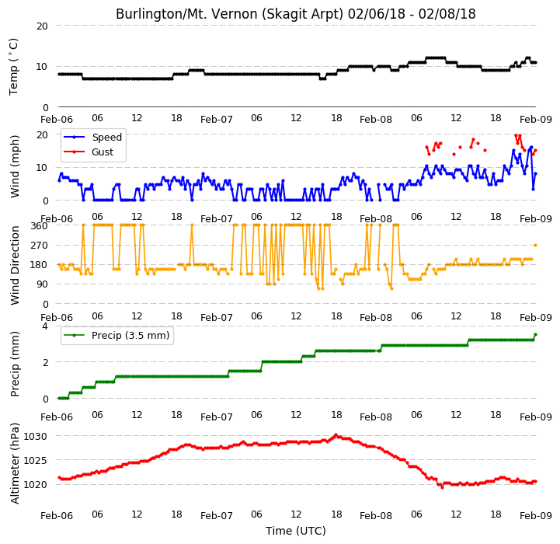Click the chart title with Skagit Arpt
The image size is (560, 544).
296,14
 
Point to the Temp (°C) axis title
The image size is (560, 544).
13,67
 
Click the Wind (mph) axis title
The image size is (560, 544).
14,166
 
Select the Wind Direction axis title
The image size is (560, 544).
14,265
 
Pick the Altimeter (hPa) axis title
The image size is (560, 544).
14,464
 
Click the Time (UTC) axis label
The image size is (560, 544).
296,531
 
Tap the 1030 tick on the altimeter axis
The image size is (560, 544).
36,437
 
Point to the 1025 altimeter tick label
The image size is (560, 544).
36,460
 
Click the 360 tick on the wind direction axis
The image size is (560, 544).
39,225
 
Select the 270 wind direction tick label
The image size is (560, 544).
39,246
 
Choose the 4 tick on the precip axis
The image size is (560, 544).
44,326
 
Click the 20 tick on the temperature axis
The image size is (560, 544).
42,26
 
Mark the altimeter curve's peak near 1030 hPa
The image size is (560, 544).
336,435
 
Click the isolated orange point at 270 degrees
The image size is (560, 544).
535,246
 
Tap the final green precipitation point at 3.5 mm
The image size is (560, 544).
535,334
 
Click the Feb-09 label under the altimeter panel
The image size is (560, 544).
536,516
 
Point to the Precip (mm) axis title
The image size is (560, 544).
14,364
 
